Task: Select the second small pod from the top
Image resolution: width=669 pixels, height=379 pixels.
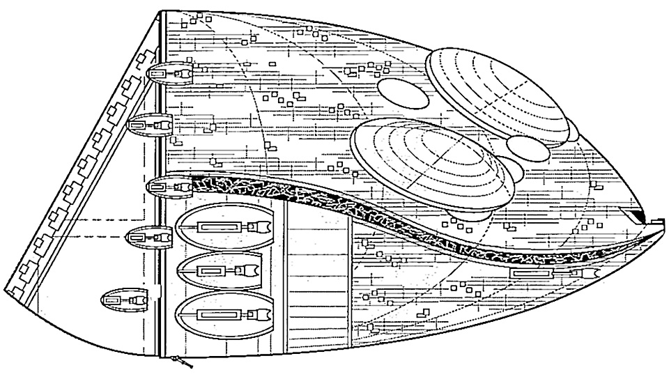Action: (x=151, y=125)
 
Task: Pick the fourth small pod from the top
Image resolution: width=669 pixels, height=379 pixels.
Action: (x=148, y=237)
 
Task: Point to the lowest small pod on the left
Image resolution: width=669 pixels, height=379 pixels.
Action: (x=125, y=300)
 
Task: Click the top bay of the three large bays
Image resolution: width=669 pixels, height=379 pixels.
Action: (x=226, y=226)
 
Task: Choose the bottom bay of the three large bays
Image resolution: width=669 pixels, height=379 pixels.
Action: (x=224, y=316)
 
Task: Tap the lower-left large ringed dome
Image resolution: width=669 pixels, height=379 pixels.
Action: (x=432, y=163)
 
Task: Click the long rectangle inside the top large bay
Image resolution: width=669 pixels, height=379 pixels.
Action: (x=219, y=226)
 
